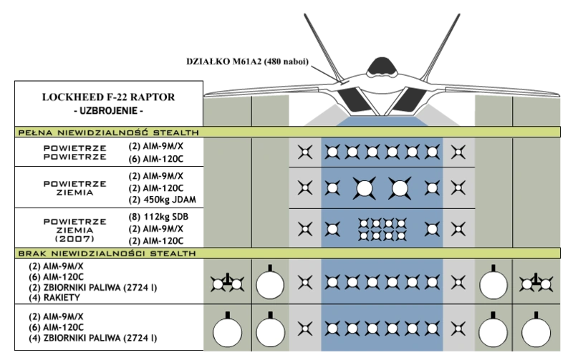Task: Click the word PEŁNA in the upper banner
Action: (x=33, y=132)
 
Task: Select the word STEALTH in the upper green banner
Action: (x=176, y=132)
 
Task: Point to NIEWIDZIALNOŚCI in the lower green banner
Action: (x=99, y=253)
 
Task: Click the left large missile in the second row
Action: (x=364, y=188)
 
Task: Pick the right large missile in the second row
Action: (x=398, y=188)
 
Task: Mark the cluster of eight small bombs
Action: (x=381, y=229)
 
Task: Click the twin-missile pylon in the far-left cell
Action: (x=227, y=283)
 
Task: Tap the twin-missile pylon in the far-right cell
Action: (x=536, y=283)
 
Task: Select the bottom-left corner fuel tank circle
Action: (x=227, y=332)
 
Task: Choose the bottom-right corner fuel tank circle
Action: (x=536, y=332)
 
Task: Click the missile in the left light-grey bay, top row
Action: (x=305, y=152)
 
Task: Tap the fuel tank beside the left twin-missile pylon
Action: (x=270, y=284)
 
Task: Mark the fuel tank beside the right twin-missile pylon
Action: (x=493, y=284)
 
